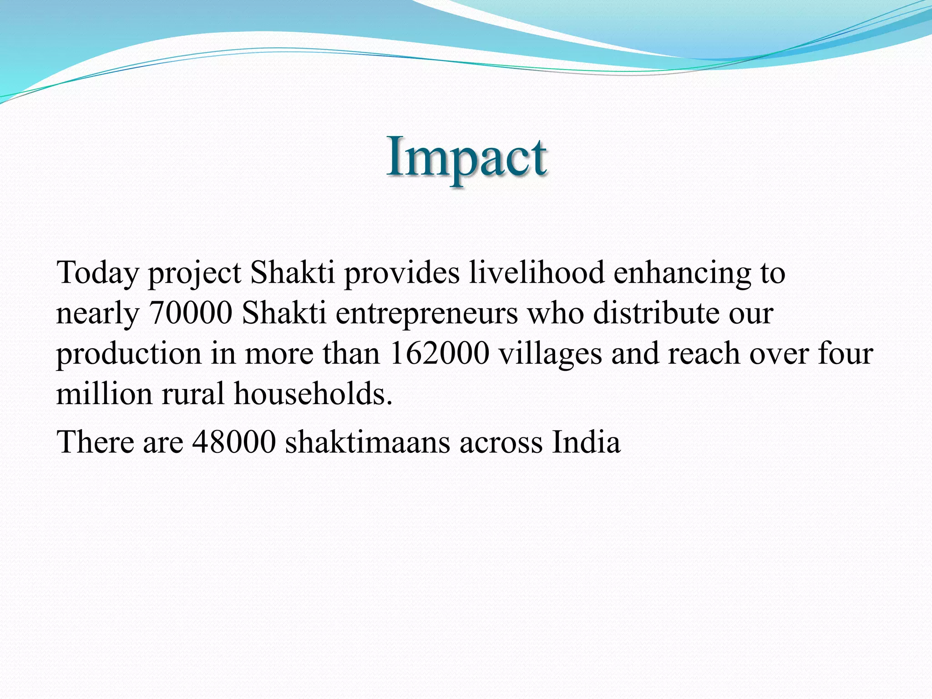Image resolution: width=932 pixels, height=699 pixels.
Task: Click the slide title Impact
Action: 466,157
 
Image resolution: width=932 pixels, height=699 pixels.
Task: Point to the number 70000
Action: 191,313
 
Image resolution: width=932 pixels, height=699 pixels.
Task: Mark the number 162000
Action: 440,353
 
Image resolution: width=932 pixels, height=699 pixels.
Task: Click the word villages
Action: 550,354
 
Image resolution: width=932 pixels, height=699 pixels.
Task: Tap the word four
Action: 846,353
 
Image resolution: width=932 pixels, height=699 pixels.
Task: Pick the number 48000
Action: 234,441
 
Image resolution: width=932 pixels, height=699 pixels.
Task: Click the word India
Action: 586,441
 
